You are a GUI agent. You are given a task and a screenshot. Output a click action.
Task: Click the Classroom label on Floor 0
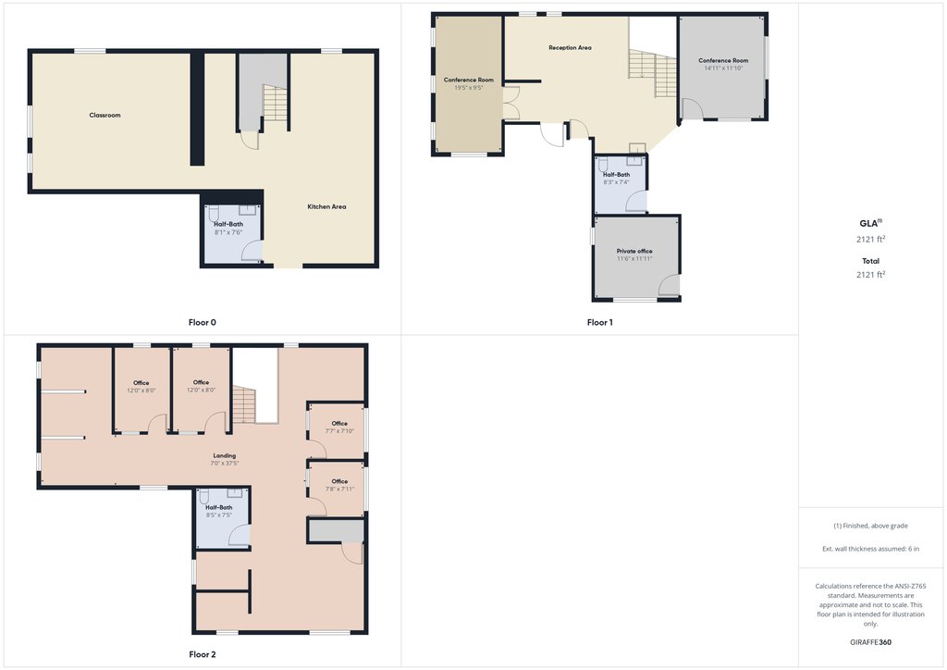tap(105, 115)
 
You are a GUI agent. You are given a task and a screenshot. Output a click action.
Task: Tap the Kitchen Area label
tap(326, 206)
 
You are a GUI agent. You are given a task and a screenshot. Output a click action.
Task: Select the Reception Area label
tap(570, 48)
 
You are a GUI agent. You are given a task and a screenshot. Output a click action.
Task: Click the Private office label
tap(634, 251)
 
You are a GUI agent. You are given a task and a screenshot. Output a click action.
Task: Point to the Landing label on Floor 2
tap(225, 455)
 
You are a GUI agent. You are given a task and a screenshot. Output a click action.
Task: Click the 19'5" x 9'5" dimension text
tap(469, 88)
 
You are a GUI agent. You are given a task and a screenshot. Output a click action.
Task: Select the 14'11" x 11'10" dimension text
tap(723, 68)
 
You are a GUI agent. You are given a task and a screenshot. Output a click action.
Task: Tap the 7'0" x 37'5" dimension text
tap(225, 464)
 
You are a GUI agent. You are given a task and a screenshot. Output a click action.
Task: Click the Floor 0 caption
tap(203, 323)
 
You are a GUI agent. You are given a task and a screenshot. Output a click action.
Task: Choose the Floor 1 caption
tap(599, 323)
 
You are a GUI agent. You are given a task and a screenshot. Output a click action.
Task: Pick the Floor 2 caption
tap(203, 654)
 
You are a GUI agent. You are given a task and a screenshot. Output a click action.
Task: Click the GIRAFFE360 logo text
tap(870, 642)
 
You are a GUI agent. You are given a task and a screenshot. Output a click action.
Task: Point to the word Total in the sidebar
tap(870, 261)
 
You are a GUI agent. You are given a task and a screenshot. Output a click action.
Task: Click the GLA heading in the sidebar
tap(869, 223)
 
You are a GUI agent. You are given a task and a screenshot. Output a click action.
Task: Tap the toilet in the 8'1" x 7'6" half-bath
tap(214, 213)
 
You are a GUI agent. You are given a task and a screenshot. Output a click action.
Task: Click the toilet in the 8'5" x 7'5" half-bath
tap(204, 497)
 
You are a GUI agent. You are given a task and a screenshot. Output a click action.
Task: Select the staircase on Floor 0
tap(275, 103)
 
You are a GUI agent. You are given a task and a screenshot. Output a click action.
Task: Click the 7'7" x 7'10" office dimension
tap(339, 431)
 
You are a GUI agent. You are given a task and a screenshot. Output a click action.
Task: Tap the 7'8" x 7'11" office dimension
tap(339, 490)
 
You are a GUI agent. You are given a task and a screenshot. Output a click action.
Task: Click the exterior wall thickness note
tap(870, 549)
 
